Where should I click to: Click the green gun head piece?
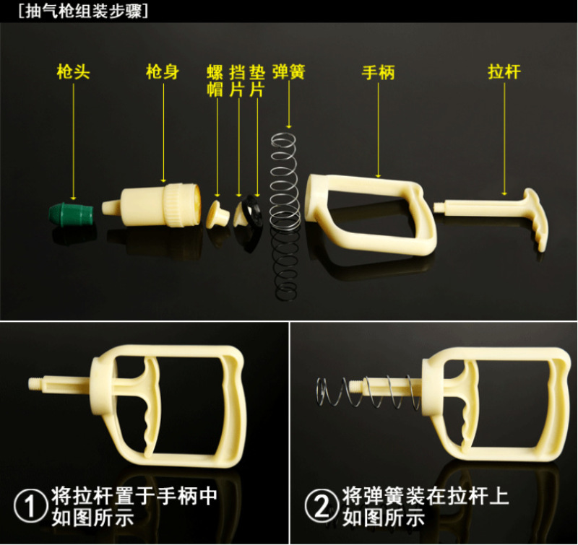pos(71,214)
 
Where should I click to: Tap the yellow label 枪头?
pos(73,71)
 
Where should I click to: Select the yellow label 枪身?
pos(162,71)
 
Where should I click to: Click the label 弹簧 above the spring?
pos(289,71)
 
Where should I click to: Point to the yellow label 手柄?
pos(378,71)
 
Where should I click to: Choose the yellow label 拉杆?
pos(504,71)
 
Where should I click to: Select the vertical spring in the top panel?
pos(284,217)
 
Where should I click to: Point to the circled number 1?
pos(30,505)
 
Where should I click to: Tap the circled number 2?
pos(322,505)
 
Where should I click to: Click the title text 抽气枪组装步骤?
pos(84,11)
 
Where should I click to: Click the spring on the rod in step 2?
pos(368,392)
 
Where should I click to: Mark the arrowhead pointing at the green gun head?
pos(74,198)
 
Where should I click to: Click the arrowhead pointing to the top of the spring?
pos(289,126)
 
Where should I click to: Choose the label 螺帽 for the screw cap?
pos(215,81)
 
